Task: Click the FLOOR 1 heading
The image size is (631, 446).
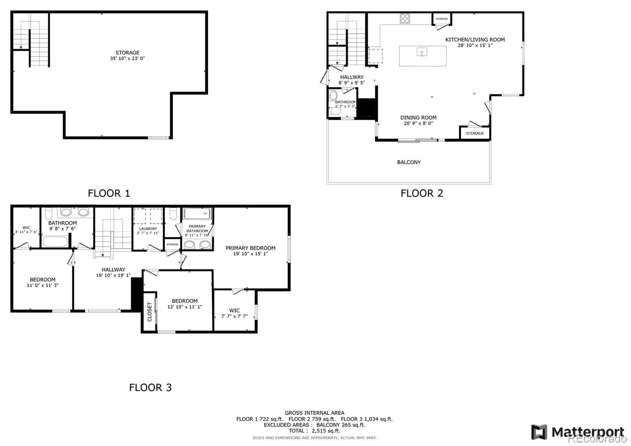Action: click(109, 193)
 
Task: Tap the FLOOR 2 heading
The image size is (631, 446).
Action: click(422, 193)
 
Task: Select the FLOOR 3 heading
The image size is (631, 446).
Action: click(150, 388)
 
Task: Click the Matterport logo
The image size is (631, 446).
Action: click(578, 432)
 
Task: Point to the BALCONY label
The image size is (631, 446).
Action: click(409, 162)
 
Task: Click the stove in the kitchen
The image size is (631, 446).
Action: click(405, 19)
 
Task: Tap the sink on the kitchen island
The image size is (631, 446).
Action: click(422, 52)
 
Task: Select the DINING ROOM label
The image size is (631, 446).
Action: click(418, 118)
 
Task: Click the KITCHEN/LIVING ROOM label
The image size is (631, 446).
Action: click(475, 39)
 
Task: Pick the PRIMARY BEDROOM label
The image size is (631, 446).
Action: click(250, 248)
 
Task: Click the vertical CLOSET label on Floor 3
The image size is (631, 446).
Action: click(149, 312)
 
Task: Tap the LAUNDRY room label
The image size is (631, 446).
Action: click(148, 229)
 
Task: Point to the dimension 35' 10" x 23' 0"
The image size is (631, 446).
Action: click(127, 58)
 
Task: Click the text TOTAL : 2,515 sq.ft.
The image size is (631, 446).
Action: click(314, 431)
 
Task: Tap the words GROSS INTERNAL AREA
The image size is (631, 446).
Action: click(314, 413)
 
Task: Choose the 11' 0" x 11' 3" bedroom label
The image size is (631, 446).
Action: click(43, 282)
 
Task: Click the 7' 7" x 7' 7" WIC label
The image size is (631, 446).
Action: click(234, 313)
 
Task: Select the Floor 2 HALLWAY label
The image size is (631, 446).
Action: click(351, 77)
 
